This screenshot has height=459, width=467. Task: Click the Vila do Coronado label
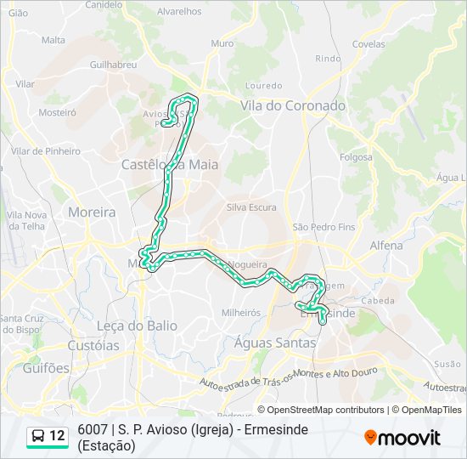click(x=293, y=106)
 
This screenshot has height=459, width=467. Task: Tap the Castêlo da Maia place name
click(x=170, y=164)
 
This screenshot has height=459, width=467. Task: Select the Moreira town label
click(x=92, y=212)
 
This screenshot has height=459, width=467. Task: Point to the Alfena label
click(x=386, y=245)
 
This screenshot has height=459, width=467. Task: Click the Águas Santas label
click(x=275, y=343)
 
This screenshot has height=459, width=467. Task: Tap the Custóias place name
click(x=93, y=346)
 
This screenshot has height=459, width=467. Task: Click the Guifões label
click(x=47, y=368)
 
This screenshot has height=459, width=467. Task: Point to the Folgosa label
click(x=356, y=157)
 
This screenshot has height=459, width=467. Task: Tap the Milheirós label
click(x=241, y=313)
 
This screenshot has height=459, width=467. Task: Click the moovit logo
click(x=402, y=438)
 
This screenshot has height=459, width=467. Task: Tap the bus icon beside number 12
click(x=38, y=437)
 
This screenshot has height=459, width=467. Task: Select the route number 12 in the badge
click(x=57, y=437)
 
